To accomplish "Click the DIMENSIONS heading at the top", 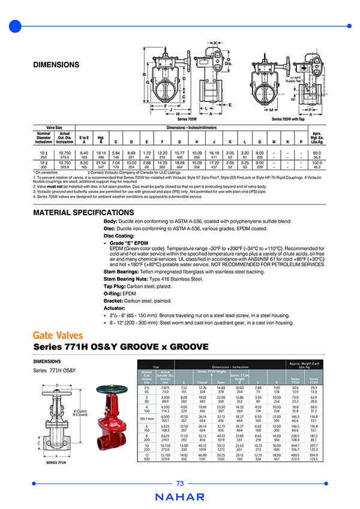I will coord(55,64).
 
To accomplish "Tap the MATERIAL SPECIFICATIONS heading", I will coord(83,213).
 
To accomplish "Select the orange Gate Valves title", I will coord(58,335).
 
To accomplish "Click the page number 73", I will coord(180,484).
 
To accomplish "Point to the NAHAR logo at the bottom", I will coord(180,496).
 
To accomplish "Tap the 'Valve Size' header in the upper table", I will coord(50,127).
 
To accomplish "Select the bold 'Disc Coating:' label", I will coord(119,236).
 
